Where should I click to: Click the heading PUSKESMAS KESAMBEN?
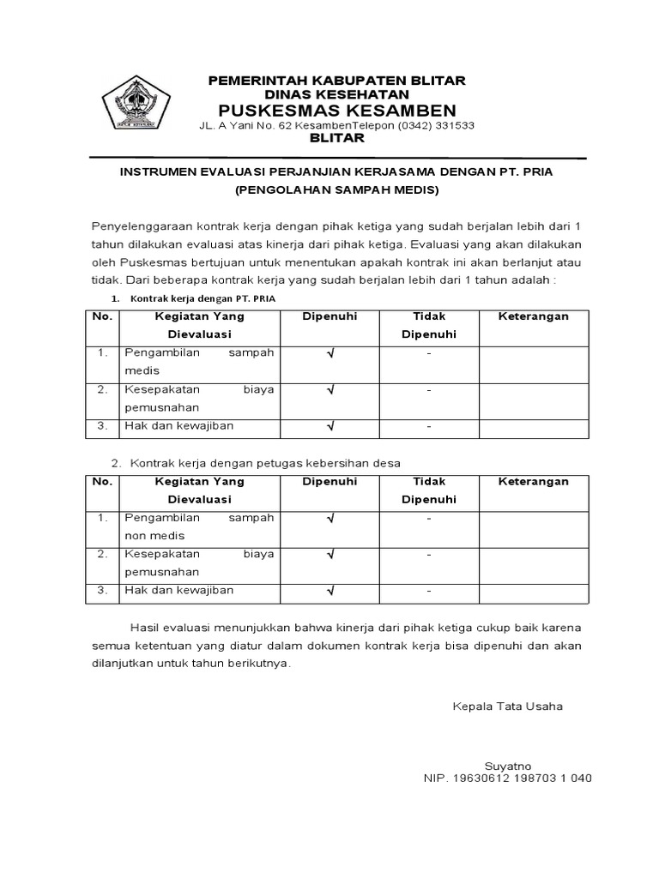pos(337,111)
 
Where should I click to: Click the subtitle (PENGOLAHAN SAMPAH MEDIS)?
pos(337,189)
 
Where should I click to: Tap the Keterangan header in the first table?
pos(534,316)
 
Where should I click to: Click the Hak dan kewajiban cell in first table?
pos(178,425)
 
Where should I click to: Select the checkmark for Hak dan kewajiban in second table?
pos(330,591)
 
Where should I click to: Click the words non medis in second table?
pos(149,535)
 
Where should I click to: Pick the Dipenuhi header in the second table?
pos(330,482)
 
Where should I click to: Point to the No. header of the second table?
pos(102,482)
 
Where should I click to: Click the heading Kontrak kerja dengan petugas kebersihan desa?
pos(265,463)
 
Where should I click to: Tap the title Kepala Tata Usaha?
pos(508,707)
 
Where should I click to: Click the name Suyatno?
pos(508,766)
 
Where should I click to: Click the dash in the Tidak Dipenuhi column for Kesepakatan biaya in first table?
pos(429,390)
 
